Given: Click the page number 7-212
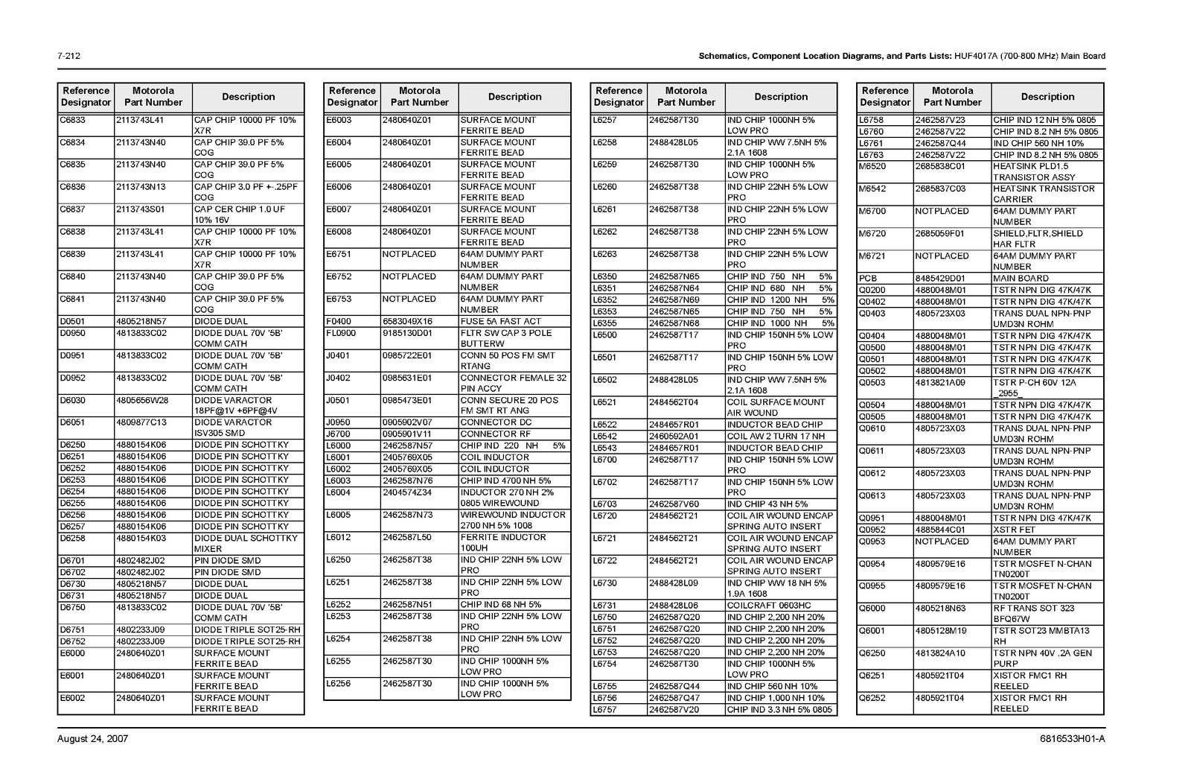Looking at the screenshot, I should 68,56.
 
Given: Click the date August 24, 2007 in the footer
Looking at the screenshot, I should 92,739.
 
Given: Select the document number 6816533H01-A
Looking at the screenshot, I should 1073,739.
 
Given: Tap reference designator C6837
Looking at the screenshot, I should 72,209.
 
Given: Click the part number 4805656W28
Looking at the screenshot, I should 142,400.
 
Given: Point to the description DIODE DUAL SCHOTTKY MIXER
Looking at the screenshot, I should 246,543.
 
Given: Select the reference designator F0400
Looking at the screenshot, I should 339,321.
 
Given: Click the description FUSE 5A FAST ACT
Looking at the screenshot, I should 501,321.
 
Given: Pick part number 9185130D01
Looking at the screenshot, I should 407,333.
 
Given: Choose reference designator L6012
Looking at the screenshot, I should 338,537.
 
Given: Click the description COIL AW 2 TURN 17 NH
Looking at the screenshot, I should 776,436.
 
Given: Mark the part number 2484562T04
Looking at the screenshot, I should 674,402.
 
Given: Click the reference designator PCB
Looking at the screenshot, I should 868,278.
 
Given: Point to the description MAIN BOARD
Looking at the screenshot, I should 1021,278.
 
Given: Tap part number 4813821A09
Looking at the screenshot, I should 940,382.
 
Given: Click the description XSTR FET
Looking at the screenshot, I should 1014,530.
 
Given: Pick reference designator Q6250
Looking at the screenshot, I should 872,653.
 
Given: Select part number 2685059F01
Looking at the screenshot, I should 939,233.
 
